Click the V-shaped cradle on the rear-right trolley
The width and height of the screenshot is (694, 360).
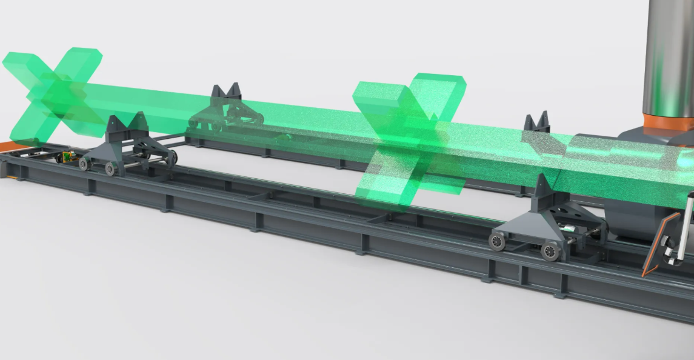coord(537,123)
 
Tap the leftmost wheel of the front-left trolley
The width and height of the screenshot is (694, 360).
coord(84,164)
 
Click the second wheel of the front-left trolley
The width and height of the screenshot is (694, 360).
coord(110,168)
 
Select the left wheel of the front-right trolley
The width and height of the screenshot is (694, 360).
coord(498,241)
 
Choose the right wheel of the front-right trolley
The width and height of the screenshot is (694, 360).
coord(551,250)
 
